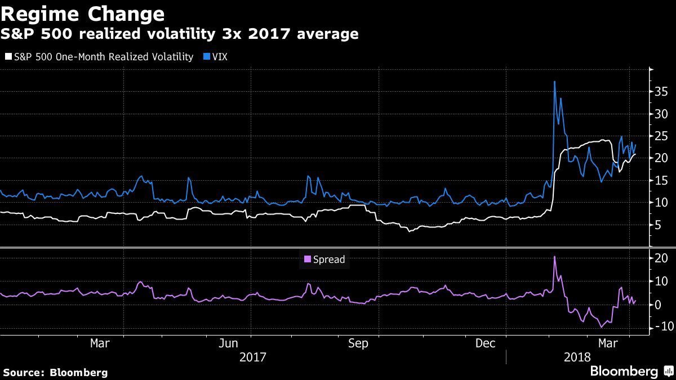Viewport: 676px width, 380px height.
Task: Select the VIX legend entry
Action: coord(219,57)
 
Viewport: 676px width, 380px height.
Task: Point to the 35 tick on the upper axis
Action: coord(660,92)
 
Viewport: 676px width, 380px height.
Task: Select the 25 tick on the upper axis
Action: coord(660,136)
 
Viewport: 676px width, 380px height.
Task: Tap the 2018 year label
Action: coord(576,357)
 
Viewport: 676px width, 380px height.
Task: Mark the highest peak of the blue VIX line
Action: coord(554,82)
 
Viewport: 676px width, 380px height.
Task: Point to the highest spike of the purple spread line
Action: coord(554,257)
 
